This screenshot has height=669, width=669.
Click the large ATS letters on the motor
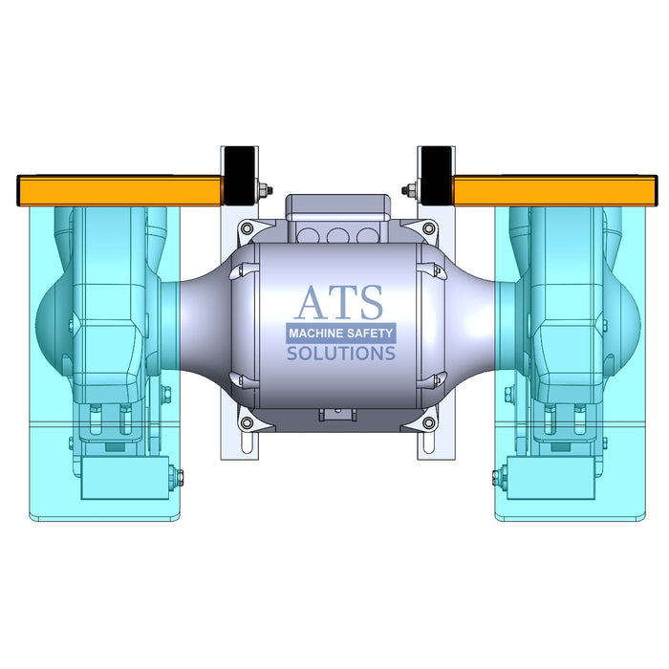(x=338, y=302)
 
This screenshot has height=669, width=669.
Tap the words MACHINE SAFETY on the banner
(x=341, y=334)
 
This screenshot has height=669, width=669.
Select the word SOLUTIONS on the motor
(x=341, y=354)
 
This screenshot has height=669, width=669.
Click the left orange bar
(x=119, y=190)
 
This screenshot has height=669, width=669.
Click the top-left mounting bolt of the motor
(x=247, y=229)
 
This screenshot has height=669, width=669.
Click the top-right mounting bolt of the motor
(x=430, y=229)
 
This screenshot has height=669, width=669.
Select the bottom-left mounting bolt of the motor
(x=247, y=421)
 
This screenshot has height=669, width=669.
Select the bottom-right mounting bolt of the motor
(x=430, y=421)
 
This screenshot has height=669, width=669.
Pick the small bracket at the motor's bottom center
(x=336, y=415)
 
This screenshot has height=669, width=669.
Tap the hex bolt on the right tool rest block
(x=498, y=475)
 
